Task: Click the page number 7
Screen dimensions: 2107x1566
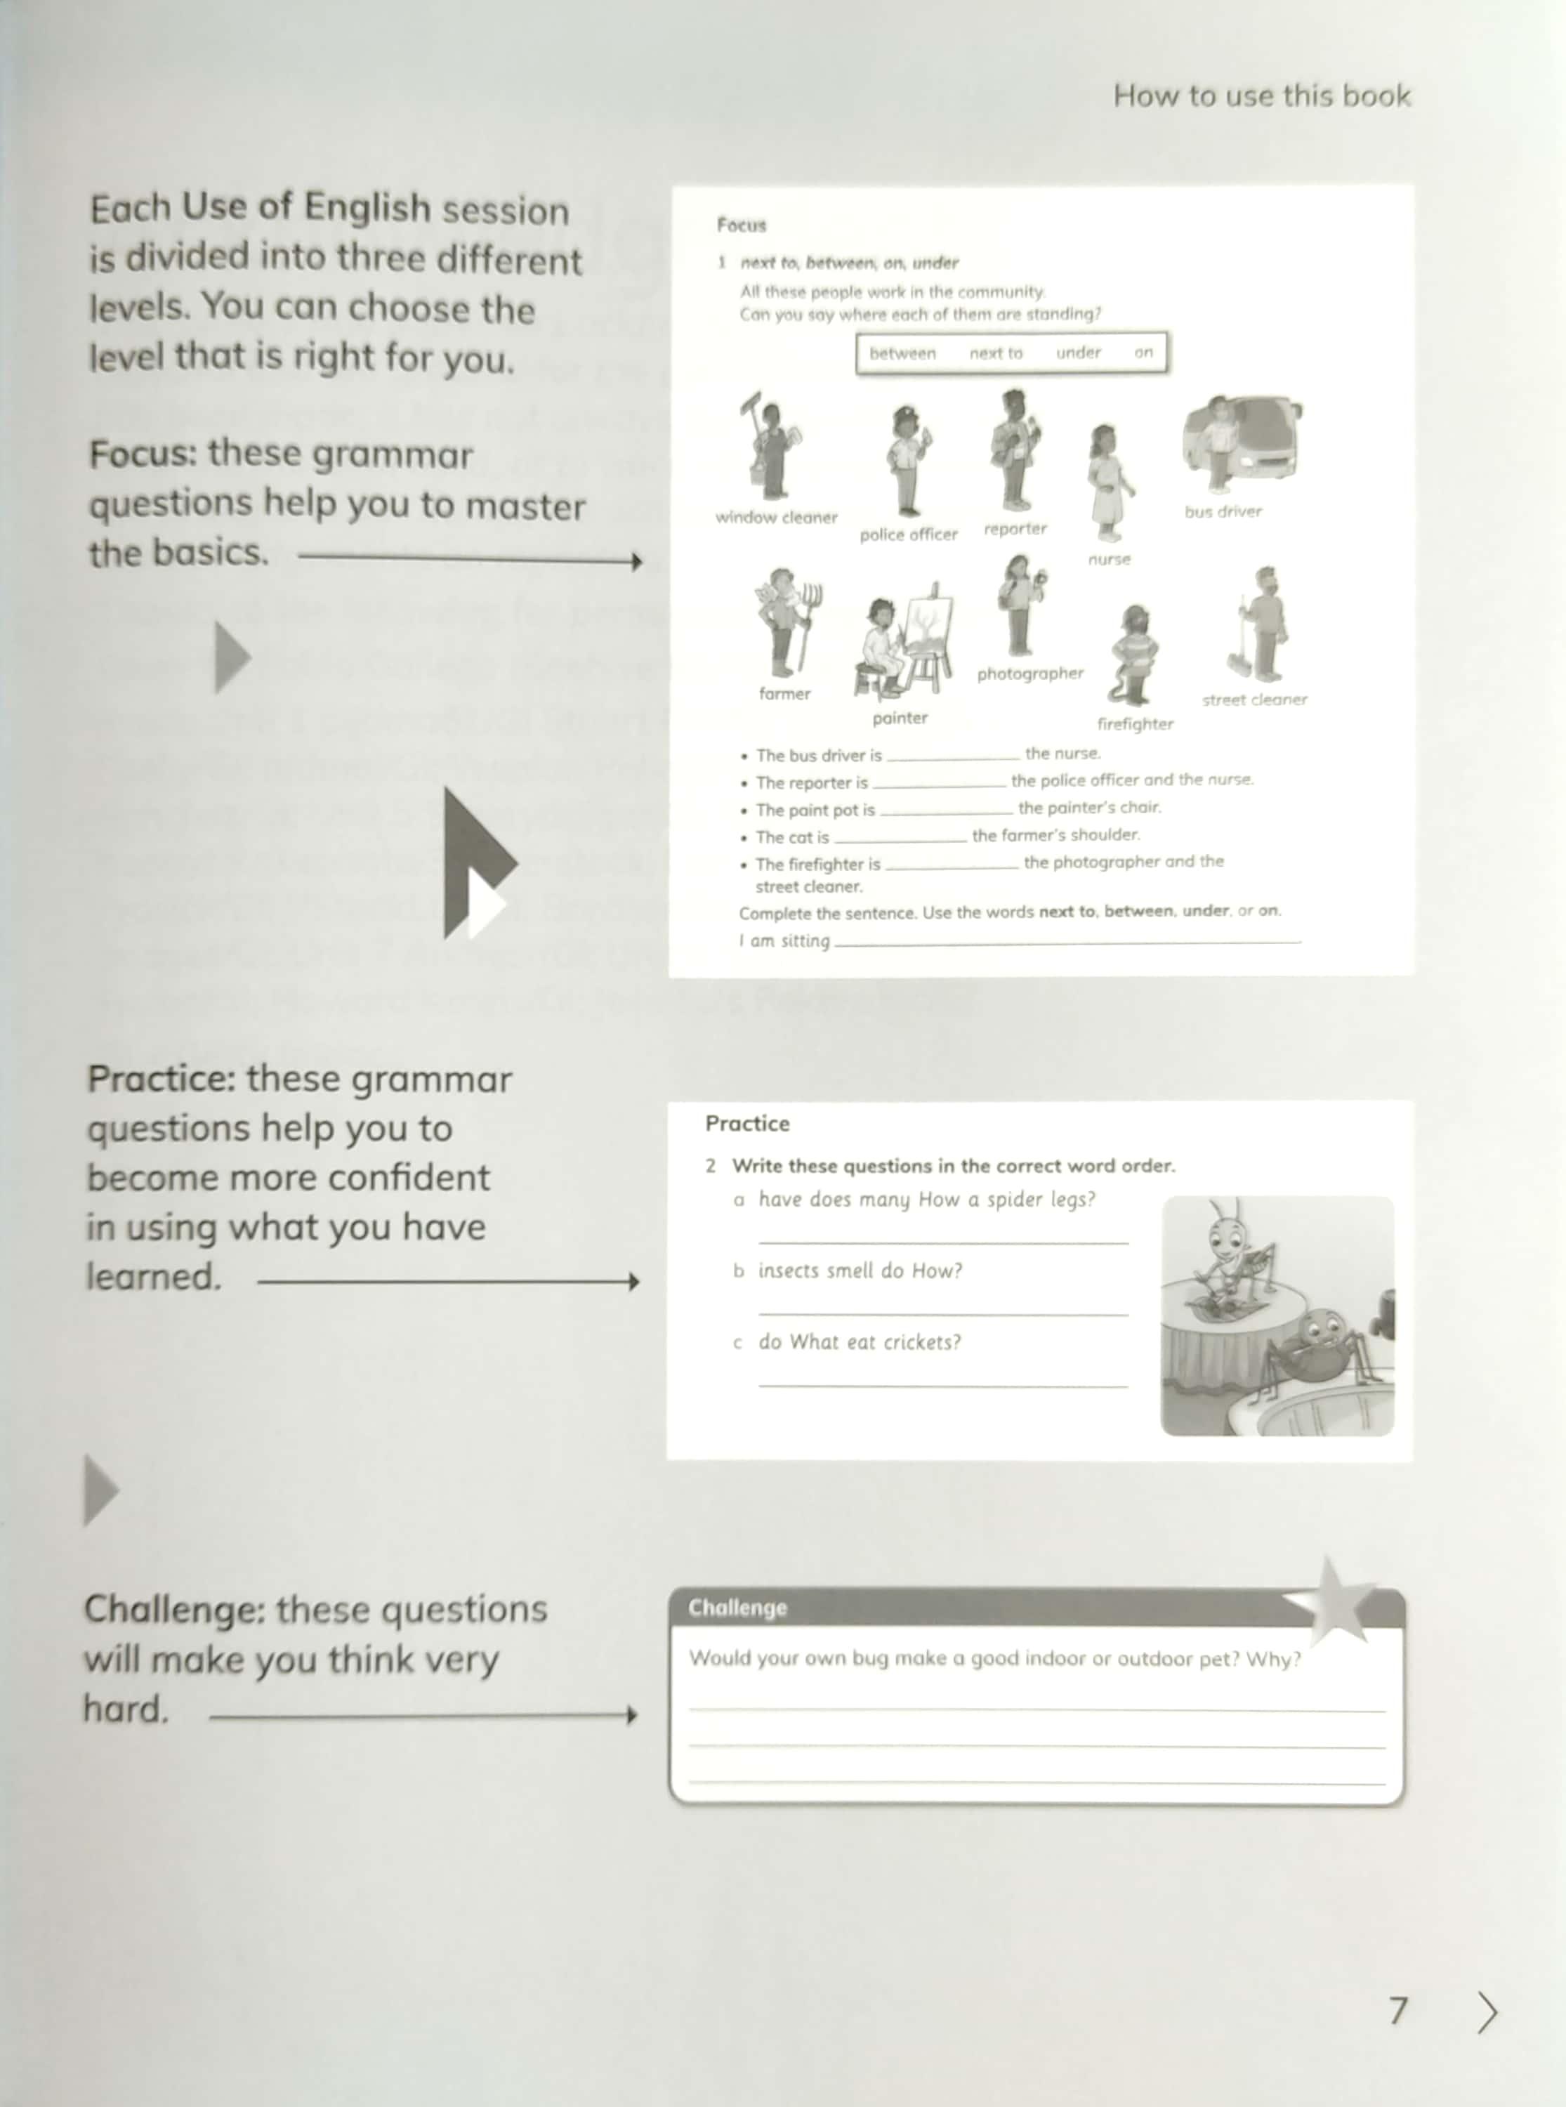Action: click(1398, 2010)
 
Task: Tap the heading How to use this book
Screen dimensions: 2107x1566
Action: click(1262, 96)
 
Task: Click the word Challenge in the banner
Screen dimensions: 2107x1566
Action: click(737, 1608)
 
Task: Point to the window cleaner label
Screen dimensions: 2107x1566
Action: click(777, 518)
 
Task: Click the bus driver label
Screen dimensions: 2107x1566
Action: click(1223, 512)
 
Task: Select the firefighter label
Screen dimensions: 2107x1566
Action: click(1135, 724)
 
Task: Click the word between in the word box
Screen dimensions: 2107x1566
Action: click(902, 353)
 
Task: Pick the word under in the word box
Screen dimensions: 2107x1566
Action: click(1078, 353)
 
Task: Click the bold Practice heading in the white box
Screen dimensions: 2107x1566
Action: click(747, 1123)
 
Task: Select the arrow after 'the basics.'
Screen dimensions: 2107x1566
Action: click(471, 561)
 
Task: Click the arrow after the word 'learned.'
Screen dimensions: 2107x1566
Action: click(448, 1282)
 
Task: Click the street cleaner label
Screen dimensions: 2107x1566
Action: click(1254, 700)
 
